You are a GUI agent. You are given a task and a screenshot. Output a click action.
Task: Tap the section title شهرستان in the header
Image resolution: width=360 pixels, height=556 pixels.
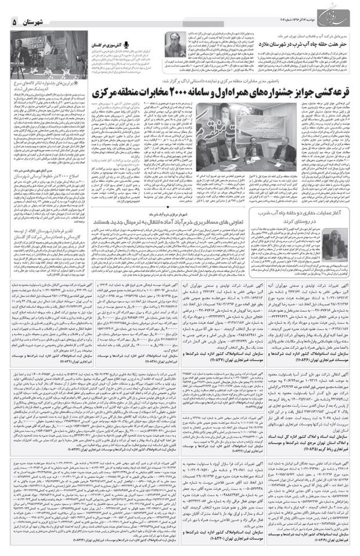coord(41,21)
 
